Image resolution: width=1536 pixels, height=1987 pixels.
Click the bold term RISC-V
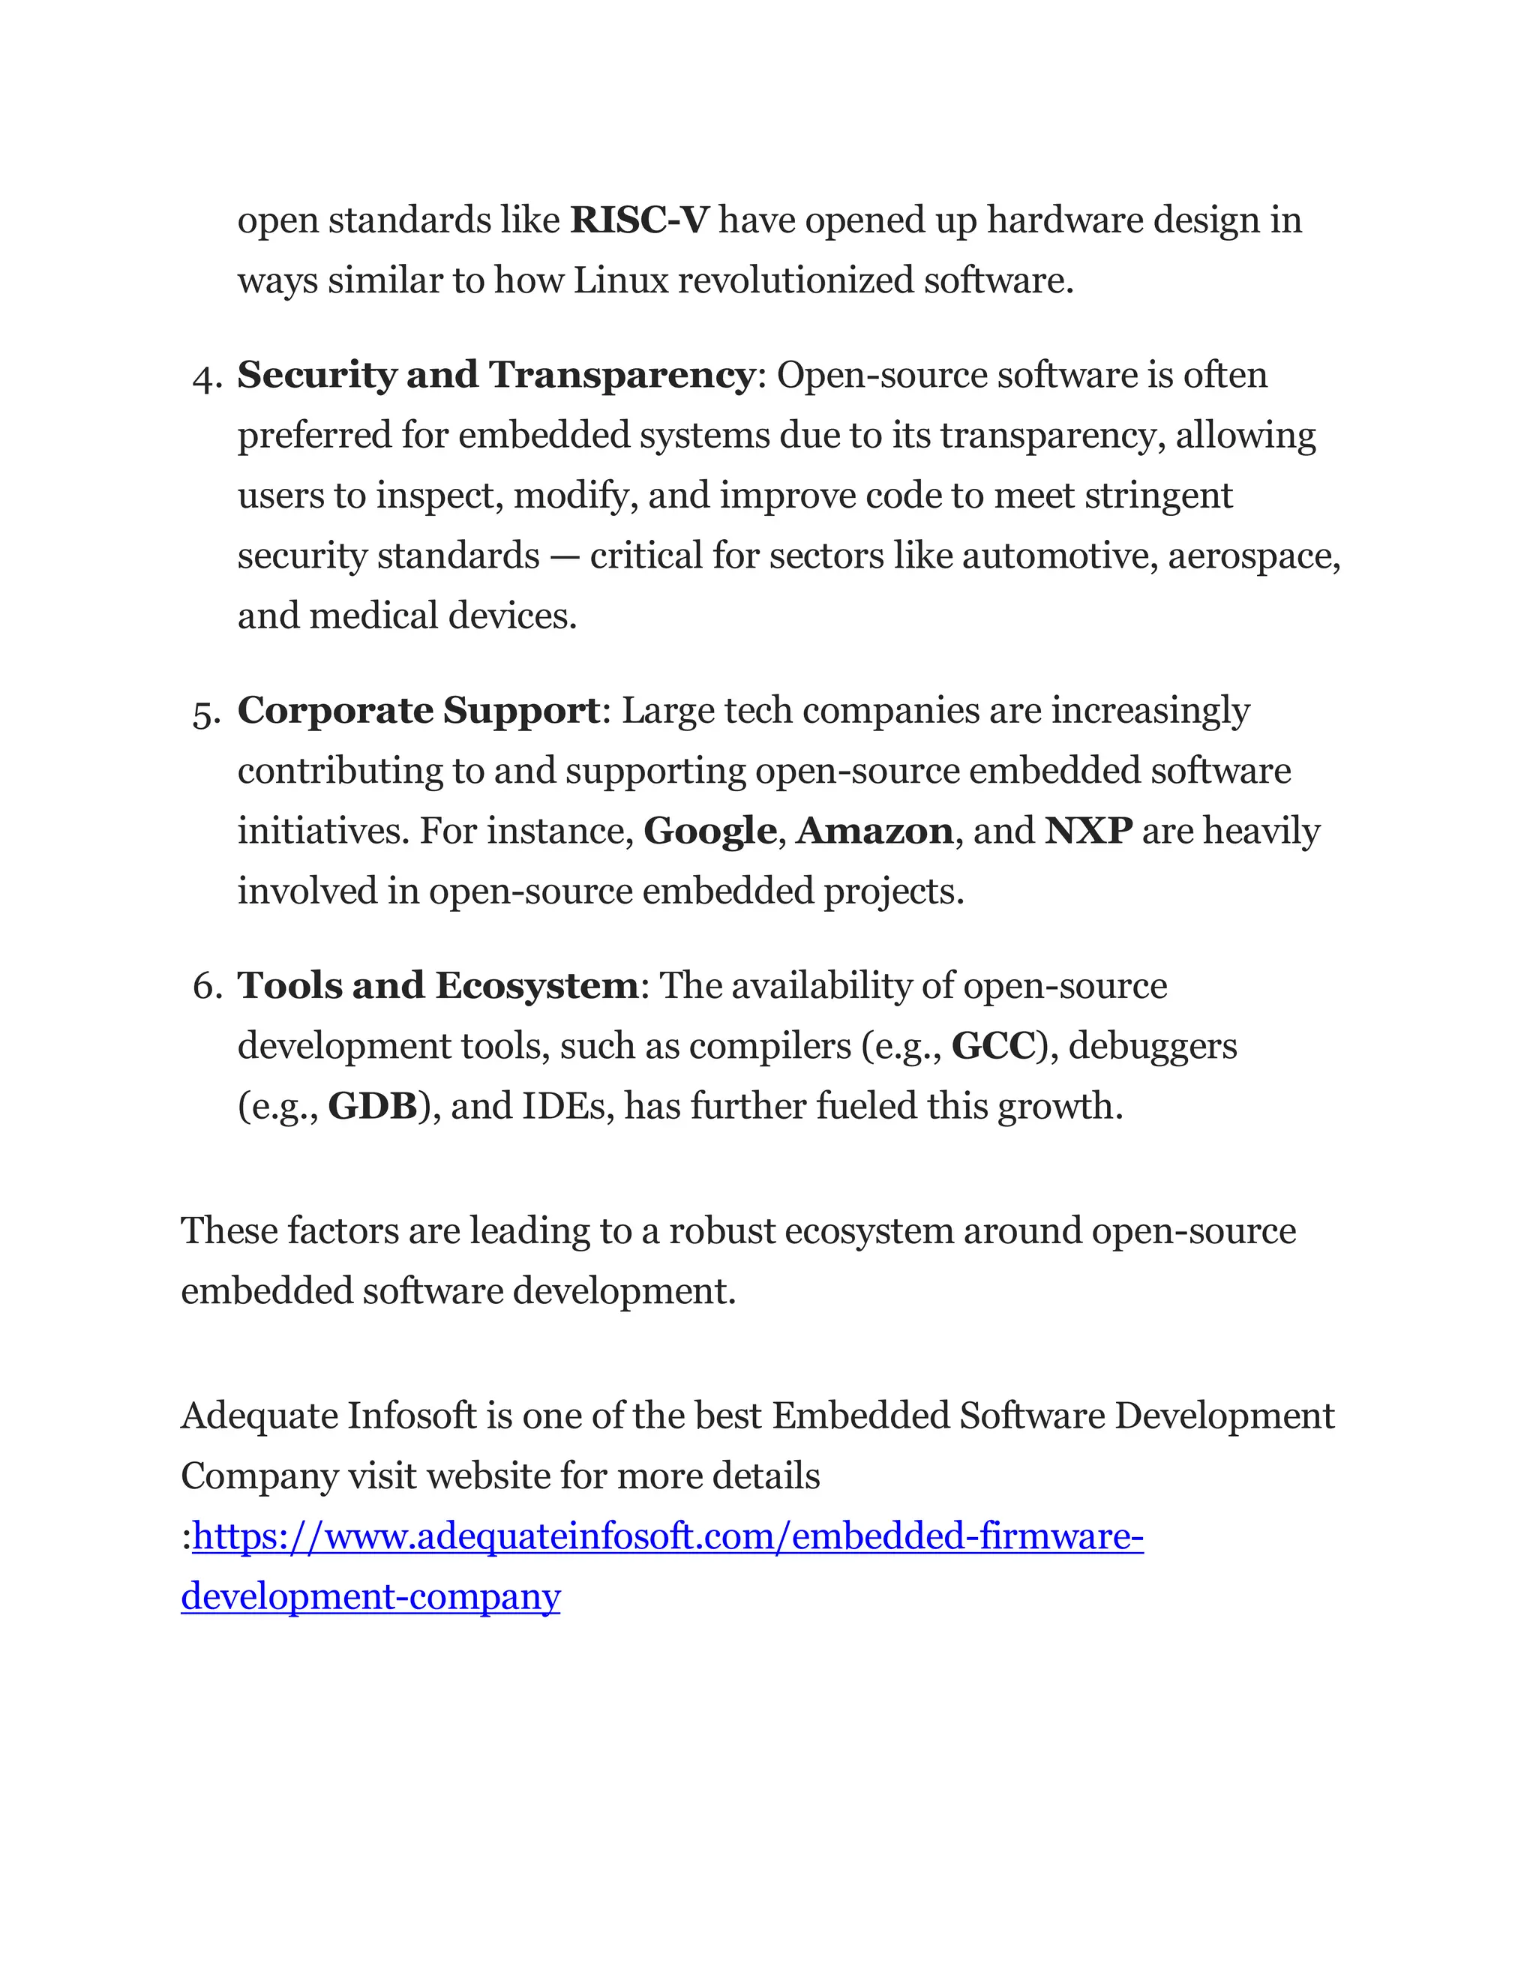(639, 220)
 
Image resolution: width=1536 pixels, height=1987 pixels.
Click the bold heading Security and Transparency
(496, 375)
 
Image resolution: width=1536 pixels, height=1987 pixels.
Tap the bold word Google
(709, 831)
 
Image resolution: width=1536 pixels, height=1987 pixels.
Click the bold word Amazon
(874, 831)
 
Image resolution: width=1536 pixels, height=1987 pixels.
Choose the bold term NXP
(1088, 831)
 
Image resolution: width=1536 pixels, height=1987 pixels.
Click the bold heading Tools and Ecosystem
(438, 985)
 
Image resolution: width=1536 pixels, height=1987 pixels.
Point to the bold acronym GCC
(993, 1046)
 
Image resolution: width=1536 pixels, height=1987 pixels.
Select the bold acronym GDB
(372, 1106)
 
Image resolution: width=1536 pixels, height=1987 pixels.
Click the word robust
(721, 1231)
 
